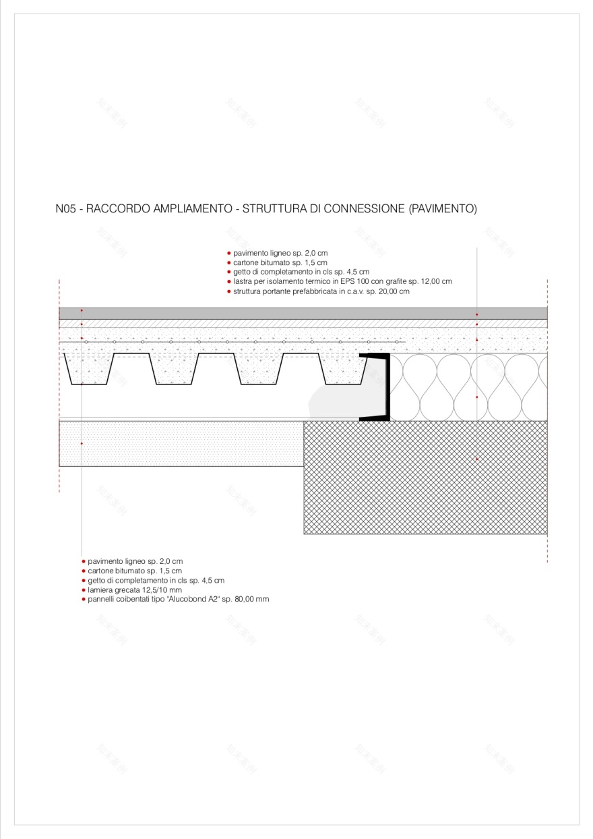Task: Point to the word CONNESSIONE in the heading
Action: [x=364, y=209]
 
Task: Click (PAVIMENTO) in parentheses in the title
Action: [x=443, y=209]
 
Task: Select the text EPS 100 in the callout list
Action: [x=352, y=281]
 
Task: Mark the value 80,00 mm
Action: [x=252, y=599]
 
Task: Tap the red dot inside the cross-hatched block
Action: [x=477, y=459]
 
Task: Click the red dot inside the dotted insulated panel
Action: [x=82, y=443]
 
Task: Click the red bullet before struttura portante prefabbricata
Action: [x=228, y=291]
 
